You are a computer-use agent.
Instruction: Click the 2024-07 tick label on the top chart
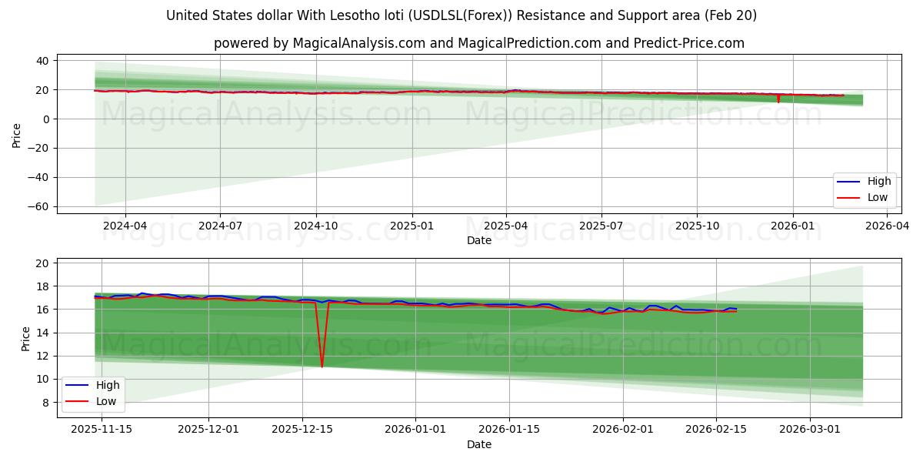point(220,226)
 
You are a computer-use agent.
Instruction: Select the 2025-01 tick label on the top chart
point(412,226)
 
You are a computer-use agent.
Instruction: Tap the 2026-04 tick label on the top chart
point(888,226)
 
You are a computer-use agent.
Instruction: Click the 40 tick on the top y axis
point(43,61)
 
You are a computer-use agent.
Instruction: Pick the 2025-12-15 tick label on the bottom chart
point(302,430)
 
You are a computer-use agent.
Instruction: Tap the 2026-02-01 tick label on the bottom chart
point(623,430)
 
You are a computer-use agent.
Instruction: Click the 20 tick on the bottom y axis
point(43,263)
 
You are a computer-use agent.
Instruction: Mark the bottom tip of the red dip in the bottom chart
point(322,367)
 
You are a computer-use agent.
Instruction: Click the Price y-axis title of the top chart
point(16,136)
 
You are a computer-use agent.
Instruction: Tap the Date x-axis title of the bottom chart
point(478,444)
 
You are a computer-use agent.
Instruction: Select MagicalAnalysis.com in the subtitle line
point(358,43)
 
